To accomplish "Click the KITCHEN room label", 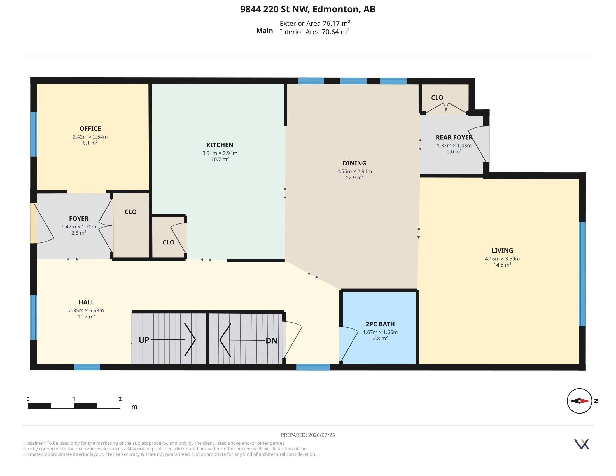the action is (220, 145).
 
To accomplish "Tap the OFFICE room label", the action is (90, 129).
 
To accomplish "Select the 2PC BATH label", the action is (380, 324).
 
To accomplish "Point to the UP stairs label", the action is (144, 340).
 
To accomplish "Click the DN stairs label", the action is (272, 341).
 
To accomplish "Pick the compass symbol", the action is (579, 401).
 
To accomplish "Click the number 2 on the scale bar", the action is (120, 399).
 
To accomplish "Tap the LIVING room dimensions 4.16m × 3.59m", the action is (502, 259).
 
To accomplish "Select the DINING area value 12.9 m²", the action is (354, 177).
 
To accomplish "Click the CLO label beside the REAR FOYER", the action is (437, 97).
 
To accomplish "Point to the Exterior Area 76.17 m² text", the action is (315, 23).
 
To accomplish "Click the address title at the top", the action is (308, 9).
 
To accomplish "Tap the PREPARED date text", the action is (308, 435).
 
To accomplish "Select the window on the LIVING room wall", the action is (582, 274).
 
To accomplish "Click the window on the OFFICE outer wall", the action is (34, 134).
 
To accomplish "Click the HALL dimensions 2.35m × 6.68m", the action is (86, 310).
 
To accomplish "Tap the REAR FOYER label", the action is (454, 137).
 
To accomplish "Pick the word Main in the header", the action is (265, 31).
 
